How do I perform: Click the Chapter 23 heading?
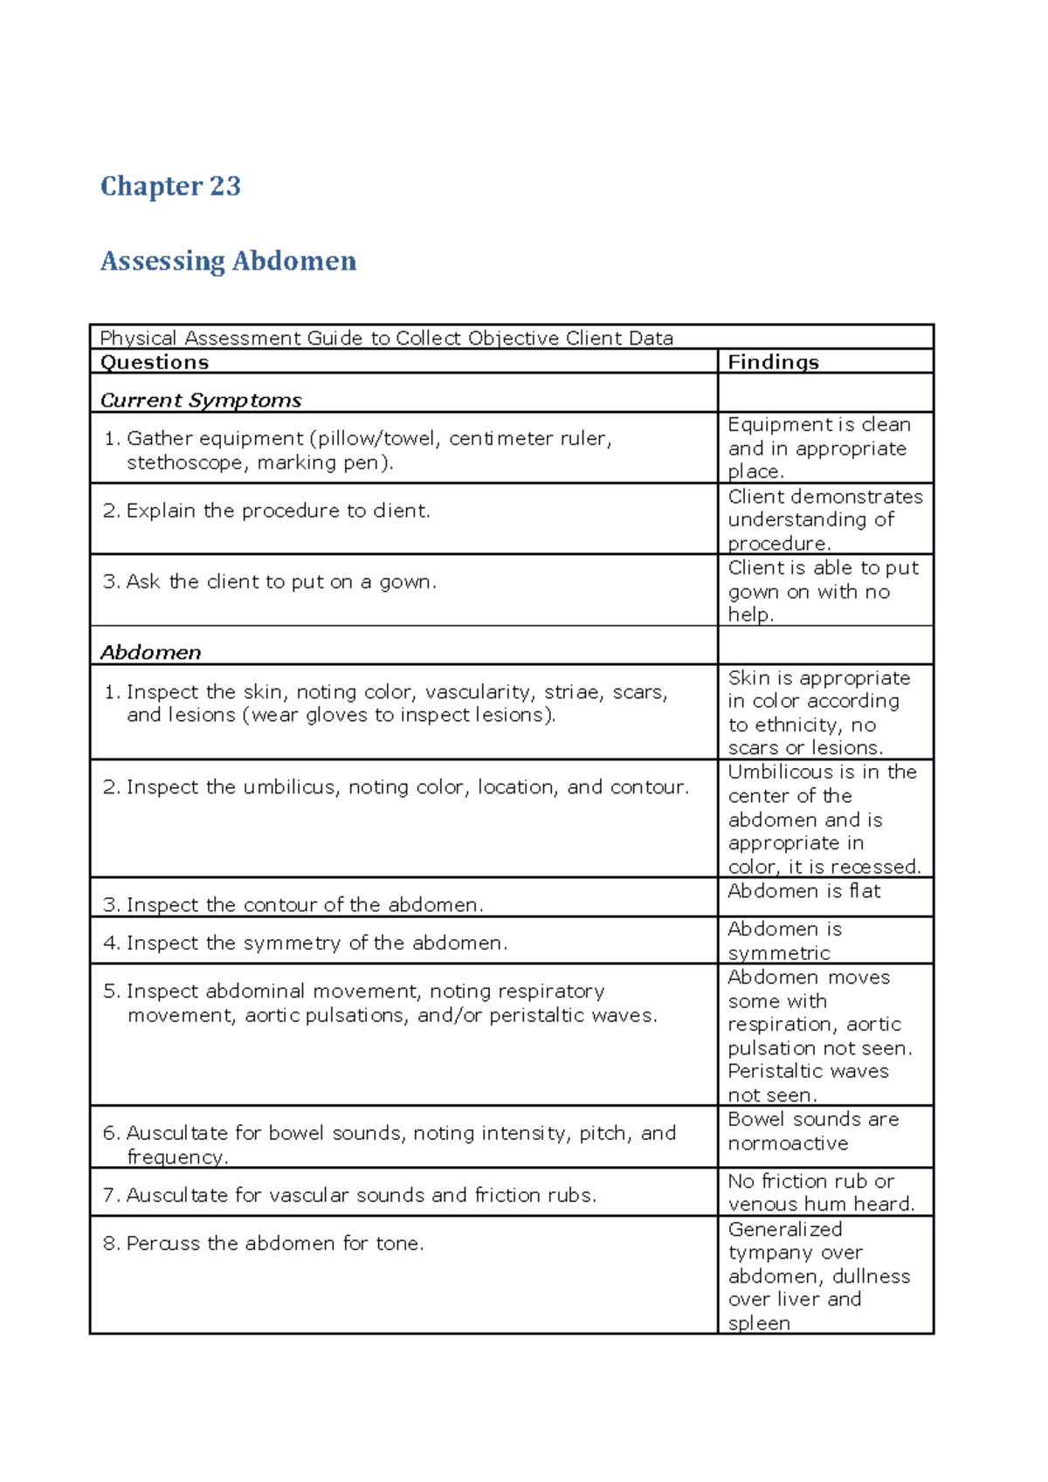(170, 186)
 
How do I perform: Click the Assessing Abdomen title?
(228, 261)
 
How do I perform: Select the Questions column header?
(155, 362)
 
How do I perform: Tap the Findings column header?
(773, 362)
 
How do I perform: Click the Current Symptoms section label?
(201, 401)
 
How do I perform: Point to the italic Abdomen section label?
(150, 653)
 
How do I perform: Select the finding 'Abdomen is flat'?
(803, 891)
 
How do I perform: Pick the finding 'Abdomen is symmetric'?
(784, 941)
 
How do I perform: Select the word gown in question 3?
(405, 582)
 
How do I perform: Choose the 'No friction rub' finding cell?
(821, 1192)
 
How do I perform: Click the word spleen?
(758, 1323)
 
